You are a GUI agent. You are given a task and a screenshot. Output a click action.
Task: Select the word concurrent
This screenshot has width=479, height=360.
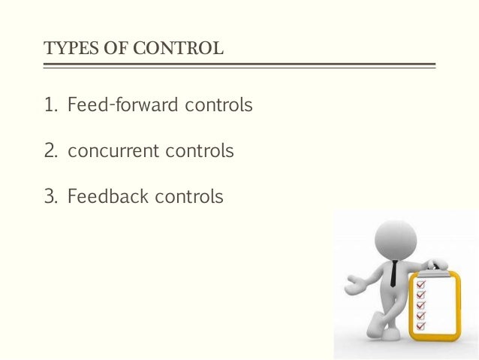click(x=113, y=152)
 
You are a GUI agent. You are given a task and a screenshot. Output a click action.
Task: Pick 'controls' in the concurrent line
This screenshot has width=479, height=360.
click(x=199, y=152)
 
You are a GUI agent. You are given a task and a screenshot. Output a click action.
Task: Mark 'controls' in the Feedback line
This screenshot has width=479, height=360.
click(x=188, y=198)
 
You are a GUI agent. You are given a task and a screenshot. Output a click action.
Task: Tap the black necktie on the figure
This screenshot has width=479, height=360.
click(x=393, y=273)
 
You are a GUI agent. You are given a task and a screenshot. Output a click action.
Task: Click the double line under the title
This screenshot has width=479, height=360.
click(x=239, y=65)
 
